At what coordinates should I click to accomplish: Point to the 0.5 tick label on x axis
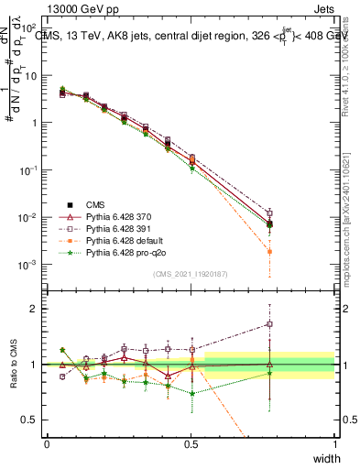tap(191, 443)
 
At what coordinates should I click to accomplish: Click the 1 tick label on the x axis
tap(334, 443)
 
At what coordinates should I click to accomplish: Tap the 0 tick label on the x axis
tap(48, 443)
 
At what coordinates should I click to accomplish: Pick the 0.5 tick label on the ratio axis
tap(30, 420)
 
